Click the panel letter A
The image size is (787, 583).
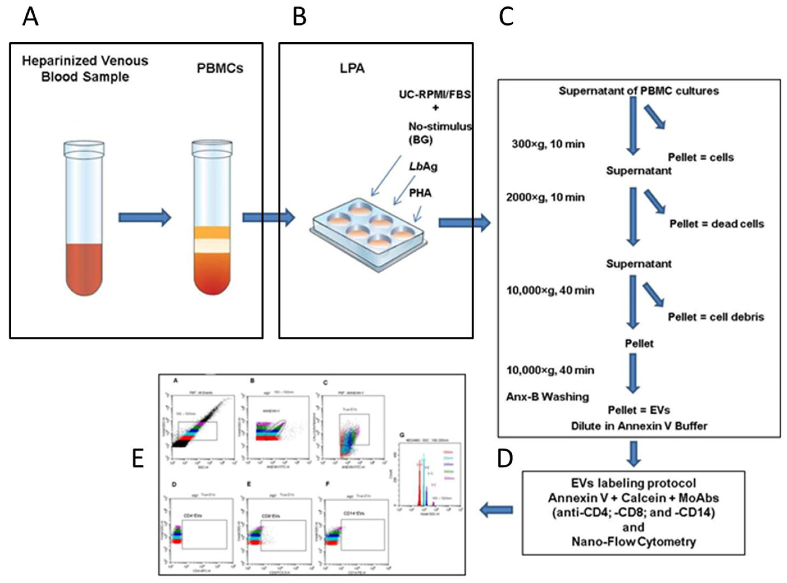pos(30,18)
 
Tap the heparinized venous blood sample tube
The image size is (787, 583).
pos(84,219)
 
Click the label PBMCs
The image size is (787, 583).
pos(220,68)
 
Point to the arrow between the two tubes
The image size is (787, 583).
pos(145,217)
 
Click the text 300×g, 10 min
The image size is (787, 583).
pos(548,144)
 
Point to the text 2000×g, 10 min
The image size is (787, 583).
pos(545,197)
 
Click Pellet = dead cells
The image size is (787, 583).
pos(717,224)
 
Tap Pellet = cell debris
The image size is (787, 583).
pos(716,317)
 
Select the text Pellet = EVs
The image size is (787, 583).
pos(639,410)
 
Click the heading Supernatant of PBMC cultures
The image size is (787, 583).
pos(639,91)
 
